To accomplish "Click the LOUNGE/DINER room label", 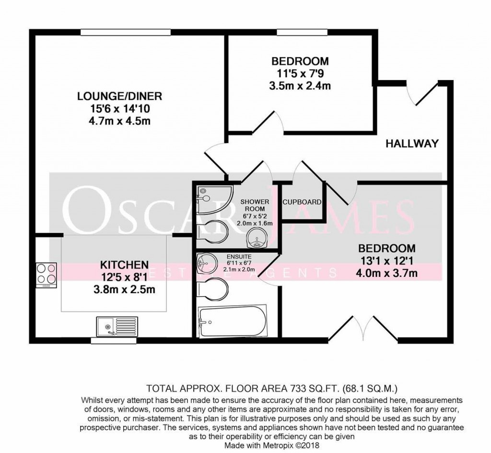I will coord(120,96).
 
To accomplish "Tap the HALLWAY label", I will coord(412,143).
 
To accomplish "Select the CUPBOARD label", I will coord(302,203).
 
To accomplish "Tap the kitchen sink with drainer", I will coord(115,326).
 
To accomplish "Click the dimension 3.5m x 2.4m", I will coord(300,86).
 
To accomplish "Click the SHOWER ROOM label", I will coord(255,205).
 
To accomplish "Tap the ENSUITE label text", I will coord(239,257).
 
